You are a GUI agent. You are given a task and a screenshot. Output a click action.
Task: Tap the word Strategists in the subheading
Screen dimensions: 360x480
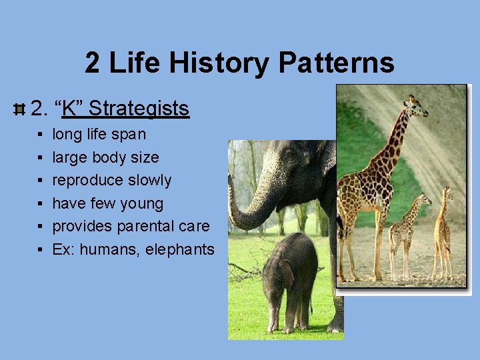pyautogui.click(x=139, y=108)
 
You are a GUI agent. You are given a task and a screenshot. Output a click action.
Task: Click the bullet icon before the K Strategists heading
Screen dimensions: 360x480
pyautogui.click(x=19, y=108)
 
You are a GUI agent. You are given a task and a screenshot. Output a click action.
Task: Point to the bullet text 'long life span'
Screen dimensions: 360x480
pyautogui.click(x=99, y=135)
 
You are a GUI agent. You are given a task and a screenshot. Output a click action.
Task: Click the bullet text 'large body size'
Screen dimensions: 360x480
pyautogui.click(x=105, y=158)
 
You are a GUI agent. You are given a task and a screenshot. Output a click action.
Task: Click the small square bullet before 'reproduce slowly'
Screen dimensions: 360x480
pyautogui.click(x=41, y=181)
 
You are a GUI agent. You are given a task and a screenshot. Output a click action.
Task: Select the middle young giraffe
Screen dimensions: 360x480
pyautogui.click(x=405, y=230)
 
